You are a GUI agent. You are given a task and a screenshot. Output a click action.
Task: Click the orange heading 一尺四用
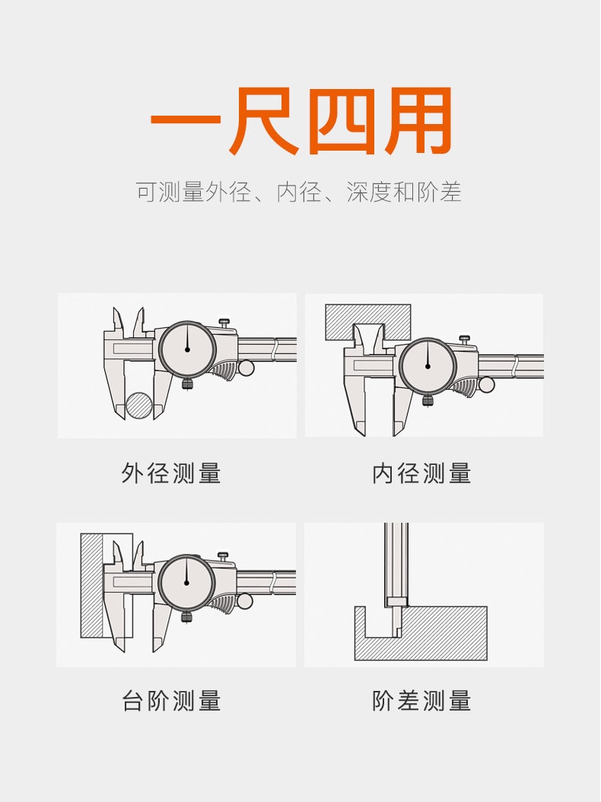coord(301,121)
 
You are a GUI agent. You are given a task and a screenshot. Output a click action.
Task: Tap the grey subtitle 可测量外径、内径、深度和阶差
coord(299,192)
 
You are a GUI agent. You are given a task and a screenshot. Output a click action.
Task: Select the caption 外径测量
coord(171,473)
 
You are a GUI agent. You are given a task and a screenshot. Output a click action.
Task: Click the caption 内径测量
coord(421,473)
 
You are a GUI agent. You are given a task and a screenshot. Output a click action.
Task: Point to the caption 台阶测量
coord(171,700)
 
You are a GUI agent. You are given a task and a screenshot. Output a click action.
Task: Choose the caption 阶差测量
coord(421,700)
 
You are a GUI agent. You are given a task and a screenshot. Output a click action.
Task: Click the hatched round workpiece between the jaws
coord(140,406)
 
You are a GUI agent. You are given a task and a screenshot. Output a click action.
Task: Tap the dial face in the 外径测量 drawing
coord(187,350)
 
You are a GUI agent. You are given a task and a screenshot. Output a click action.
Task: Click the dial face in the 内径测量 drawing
coord(428,366)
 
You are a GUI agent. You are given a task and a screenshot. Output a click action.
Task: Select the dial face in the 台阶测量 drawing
coord(186,583)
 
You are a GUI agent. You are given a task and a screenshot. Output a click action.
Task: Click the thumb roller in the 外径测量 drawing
coord(246,368)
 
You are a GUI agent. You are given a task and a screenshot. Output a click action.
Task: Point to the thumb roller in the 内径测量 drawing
coord(486,384)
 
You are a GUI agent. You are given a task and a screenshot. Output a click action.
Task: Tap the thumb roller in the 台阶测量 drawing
coord(245,600)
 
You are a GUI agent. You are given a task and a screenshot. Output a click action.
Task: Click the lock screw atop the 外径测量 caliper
coord(224,323)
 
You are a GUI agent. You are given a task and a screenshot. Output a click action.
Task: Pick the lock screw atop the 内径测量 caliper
coord(464,340)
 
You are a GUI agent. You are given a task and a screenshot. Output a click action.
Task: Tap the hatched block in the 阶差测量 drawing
coord(440,635)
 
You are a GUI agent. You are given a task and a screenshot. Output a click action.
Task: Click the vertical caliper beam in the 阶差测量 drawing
coord(396,562)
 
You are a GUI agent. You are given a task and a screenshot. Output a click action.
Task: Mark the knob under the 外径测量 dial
coord(187,384)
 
